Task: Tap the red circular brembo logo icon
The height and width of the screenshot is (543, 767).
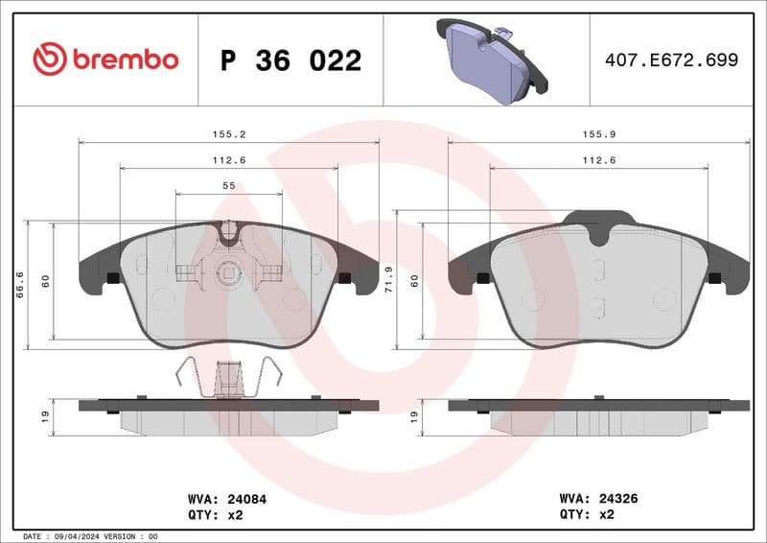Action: coord(50,59)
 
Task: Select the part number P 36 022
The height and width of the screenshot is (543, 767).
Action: coord(291,60)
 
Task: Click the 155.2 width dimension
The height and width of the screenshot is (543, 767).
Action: coord(228,135)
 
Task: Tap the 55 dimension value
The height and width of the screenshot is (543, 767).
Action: coord(229,185)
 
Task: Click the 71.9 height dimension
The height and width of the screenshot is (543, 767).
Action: coord(388,283)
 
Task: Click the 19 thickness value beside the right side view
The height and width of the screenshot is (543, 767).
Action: coord(414,416)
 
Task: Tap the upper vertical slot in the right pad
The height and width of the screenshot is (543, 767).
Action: coord(599,266)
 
